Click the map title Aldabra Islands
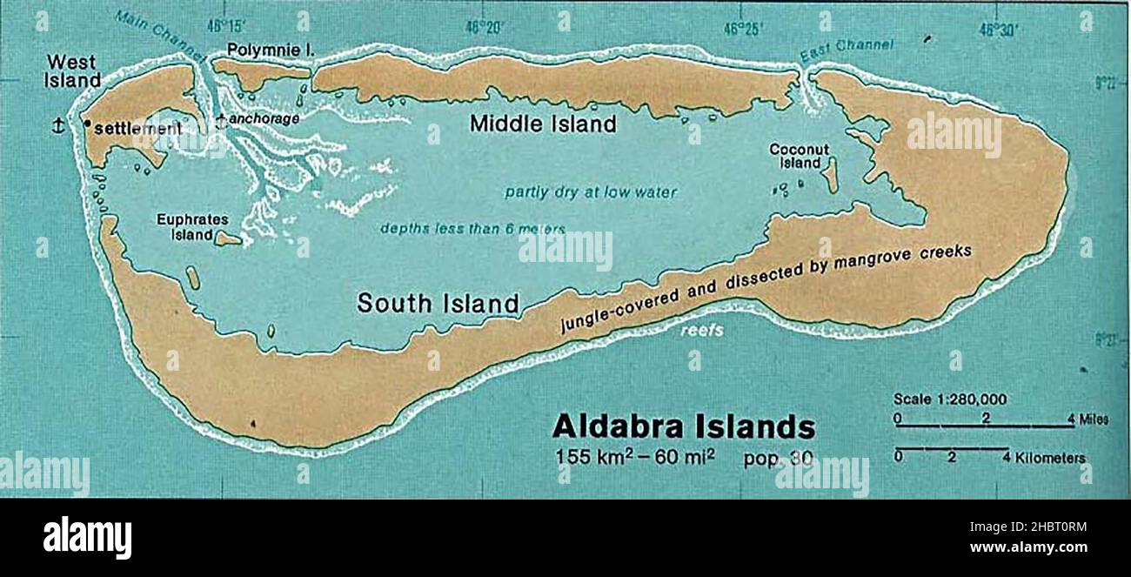point(684,427)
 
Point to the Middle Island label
point(543,124)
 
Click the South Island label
point(438,303)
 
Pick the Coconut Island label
point(799,156)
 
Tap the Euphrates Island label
point(185,227)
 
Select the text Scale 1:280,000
point(950,399)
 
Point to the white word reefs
point(701,331)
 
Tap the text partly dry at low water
point(590,192)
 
